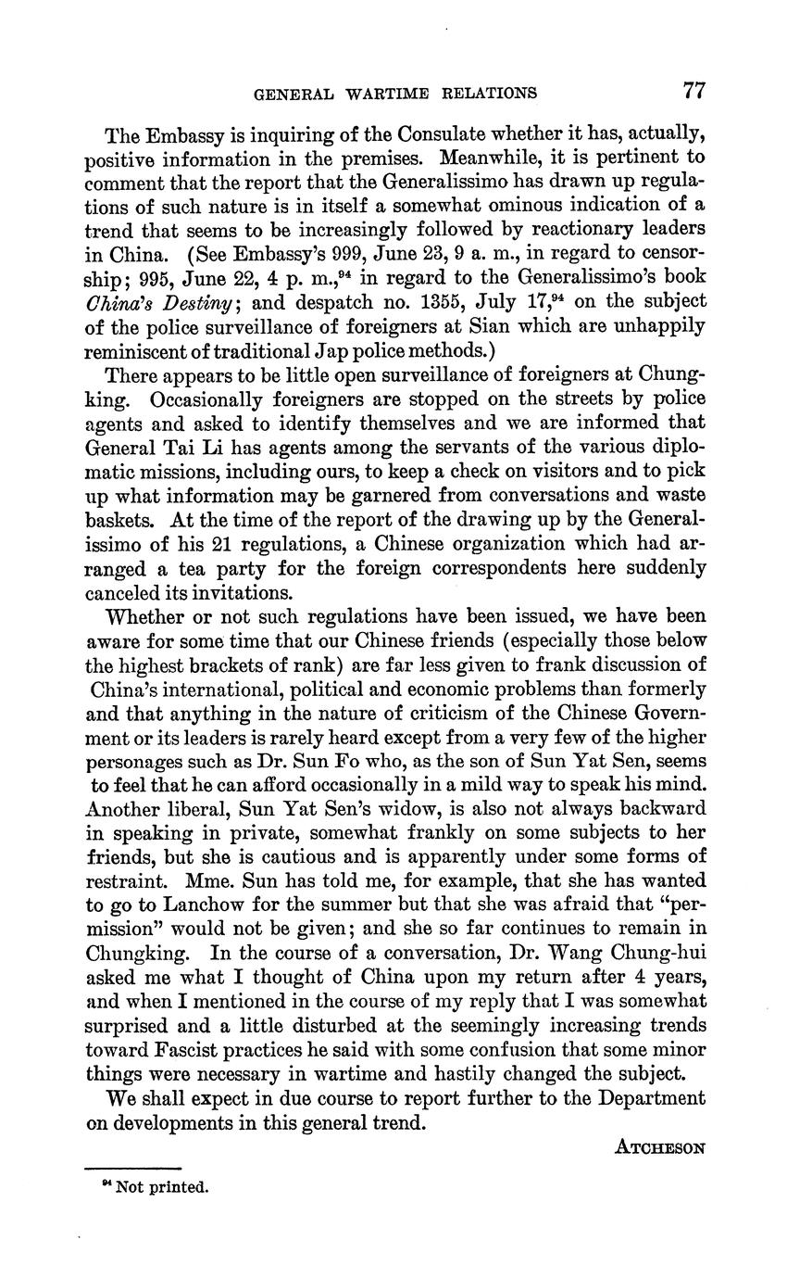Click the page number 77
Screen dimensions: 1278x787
694,91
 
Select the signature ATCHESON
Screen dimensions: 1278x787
660,1147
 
